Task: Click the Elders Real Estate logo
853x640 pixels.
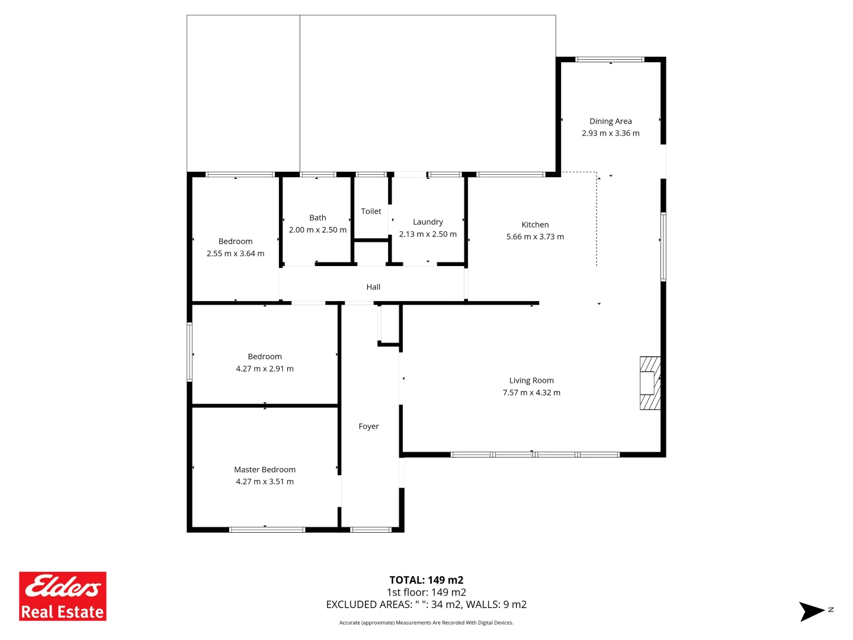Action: click(x=63, y=596)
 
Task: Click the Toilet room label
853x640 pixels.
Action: click(x=371, y=212)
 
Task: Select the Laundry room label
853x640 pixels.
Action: click(x=428, y=222)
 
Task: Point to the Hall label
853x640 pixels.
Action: click(x=373, y=287)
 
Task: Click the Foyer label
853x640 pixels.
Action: click(x=368, y=427)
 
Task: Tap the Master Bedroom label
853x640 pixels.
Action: click(x=265, y=470)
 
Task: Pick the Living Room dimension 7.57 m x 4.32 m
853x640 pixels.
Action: click(x=531, y=393)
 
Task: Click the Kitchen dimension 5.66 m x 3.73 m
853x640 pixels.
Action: click(x=535, y=237)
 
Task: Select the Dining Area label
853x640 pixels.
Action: click(x=610, y=121)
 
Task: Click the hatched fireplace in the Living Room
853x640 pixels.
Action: click(x=650, y=383)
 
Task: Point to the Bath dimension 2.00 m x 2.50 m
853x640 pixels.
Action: click(x=318, y=230)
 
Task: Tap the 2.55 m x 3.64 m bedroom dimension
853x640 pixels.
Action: click(x=235, y=254)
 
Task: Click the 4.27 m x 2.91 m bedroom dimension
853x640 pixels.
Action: click(x=265, y=369)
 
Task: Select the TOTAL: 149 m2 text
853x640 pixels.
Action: click(x=426, y=580)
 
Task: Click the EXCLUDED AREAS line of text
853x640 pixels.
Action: click(x=426, y=604)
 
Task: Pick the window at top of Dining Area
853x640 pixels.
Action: click(x=610, y=59)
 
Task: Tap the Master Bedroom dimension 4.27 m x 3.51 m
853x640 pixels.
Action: click(x=265, y=482)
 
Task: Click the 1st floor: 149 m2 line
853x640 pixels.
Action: click(x=426, y=593)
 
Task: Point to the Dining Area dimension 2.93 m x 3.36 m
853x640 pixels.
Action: click(x=610, y=133)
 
